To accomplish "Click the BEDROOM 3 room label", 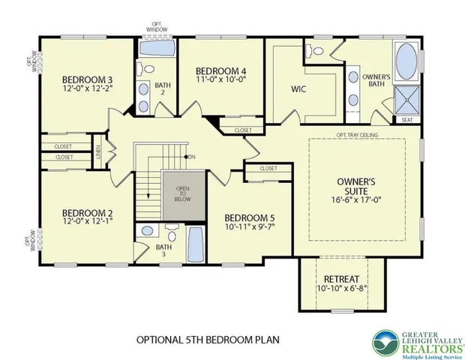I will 88,80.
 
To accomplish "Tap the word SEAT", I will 406,119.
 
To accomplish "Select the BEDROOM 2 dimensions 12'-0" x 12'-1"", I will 88,222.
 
